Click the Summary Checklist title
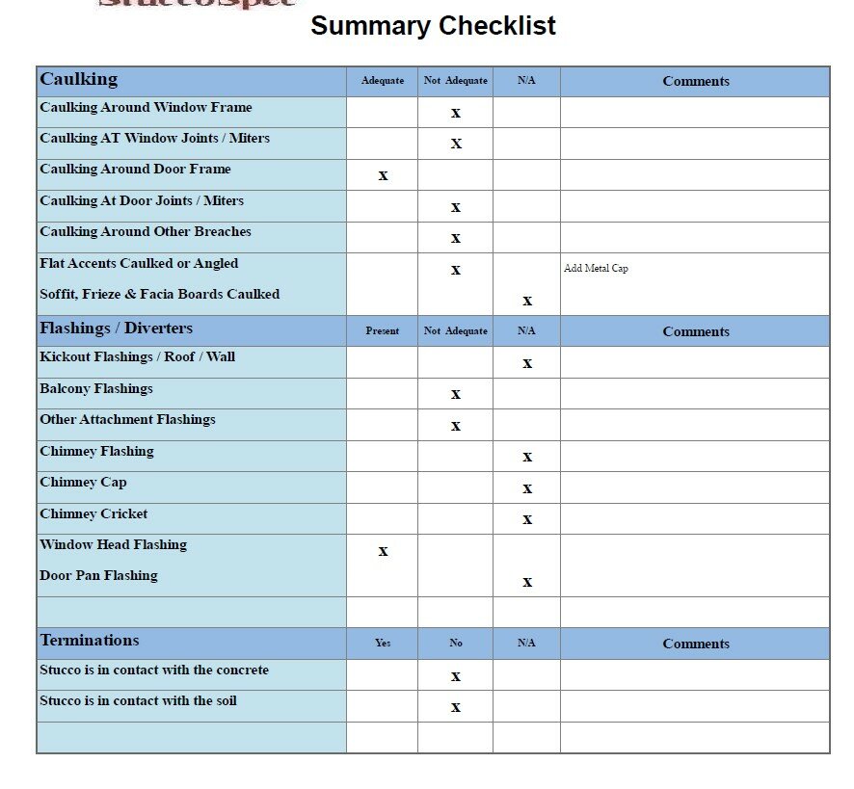coord(433,26)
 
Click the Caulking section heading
coord(79,80)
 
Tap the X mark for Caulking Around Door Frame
coord(383,175)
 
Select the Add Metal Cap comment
coord(596,269)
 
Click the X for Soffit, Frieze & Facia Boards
coord(527,301)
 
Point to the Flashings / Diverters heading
coord(117,329)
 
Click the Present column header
coord(383,331)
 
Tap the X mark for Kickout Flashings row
coord(527,363)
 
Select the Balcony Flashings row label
coord(96,389)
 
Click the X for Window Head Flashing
coord(383,551)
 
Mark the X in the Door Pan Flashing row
coord(527,582)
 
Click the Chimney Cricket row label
coord(93,514)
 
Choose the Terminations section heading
coord(90,641)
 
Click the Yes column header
coord(383,644)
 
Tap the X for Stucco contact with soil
coord(456,707)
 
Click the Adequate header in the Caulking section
coord(383,81)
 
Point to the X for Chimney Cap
coord(527,488)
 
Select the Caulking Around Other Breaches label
coord(146,232)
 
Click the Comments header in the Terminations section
coord(696,644)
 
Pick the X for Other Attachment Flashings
coord(456,426)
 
